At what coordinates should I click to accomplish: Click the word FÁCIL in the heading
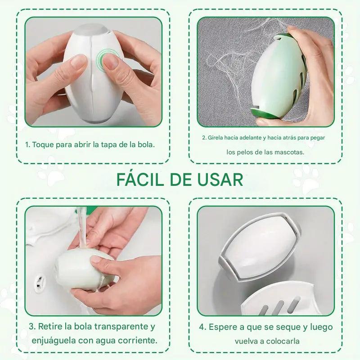click(x=140, y=179)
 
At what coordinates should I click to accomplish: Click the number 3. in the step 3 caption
click(x=32, y=327)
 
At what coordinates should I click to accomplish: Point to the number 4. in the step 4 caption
click(x=203, y=327)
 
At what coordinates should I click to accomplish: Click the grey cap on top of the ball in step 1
click(x=91, y=30)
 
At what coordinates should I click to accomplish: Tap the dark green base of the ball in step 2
click(x=264, y=114)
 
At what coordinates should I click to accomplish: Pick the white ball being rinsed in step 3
click(x=85, y=270)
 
